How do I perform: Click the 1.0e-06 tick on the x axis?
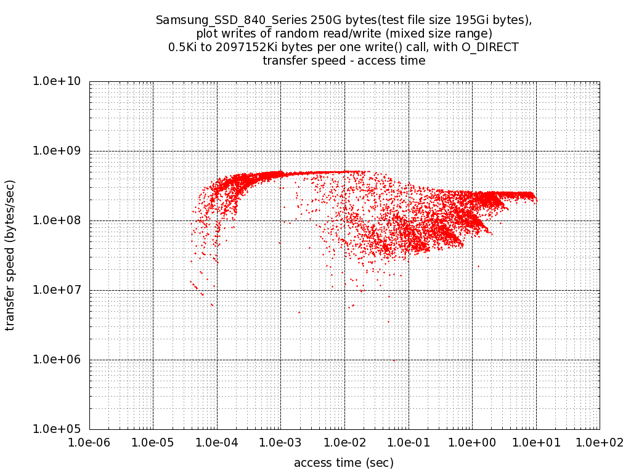[x=89, y=442]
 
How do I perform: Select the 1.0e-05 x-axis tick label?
[x=153, y=442]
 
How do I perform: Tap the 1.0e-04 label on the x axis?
[x=217, y=442]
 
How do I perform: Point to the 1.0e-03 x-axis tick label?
[x=280, y=442]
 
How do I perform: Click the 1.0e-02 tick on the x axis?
[x=344, y=442]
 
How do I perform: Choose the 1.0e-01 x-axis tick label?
[x=408, y=442]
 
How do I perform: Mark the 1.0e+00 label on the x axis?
[x=472, y=442]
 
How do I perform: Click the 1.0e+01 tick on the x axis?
[x=535, y=442]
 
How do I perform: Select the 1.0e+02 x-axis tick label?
[x=599, y=442]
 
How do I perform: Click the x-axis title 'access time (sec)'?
[x=344, y=463]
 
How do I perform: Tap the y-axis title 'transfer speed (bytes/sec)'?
[x=10, y=255]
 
